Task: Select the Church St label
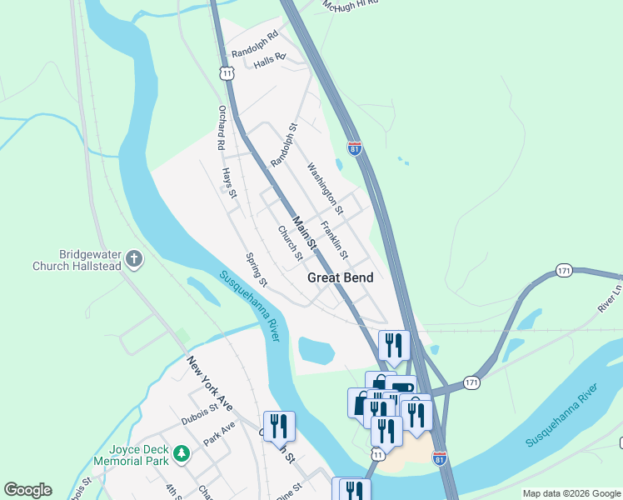(289, 243)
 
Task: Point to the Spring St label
(257, 270)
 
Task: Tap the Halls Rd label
(269, 60)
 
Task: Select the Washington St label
(325, 184)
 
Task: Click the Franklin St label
(334, 238)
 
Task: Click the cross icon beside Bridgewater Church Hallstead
(135, 260)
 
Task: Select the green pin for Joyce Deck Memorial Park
(182, 454)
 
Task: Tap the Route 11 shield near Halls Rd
(227, 73)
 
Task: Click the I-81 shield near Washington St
(355, 148)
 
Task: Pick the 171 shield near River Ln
(564, 271)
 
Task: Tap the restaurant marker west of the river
(278, 426)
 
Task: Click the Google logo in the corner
(27, 490)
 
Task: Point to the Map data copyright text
(571, 493)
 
